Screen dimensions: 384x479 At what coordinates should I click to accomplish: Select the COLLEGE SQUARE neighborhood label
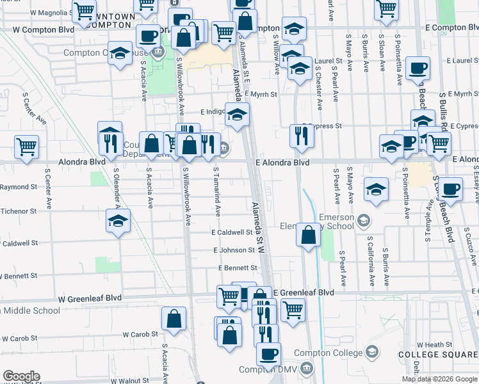pos(437,354)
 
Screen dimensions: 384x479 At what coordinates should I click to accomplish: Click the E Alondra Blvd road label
pos(284,163)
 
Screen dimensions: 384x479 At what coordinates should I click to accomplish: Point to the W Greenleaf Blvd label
pos(90,298)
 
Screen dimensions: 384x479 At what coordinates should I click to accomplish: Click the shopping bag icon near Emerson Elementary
pos(309,235)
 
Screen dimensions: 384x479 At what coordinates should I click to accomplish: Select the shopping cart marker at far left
pos(26,146)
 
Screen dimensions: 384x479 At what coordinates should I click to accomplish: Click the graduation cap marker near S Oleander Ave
pos(118,221)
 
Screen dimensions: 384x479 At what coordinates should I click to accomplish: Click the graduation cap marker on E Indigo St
pos(237,115)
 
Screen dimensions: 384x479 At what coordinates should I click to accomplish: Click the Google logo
pos(21,376)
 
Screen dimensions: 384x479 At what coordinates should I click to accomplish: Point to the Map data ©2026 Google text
pos(439,379)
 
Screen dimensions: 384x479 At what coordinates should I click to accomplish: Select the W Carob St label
pos(140,334)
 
